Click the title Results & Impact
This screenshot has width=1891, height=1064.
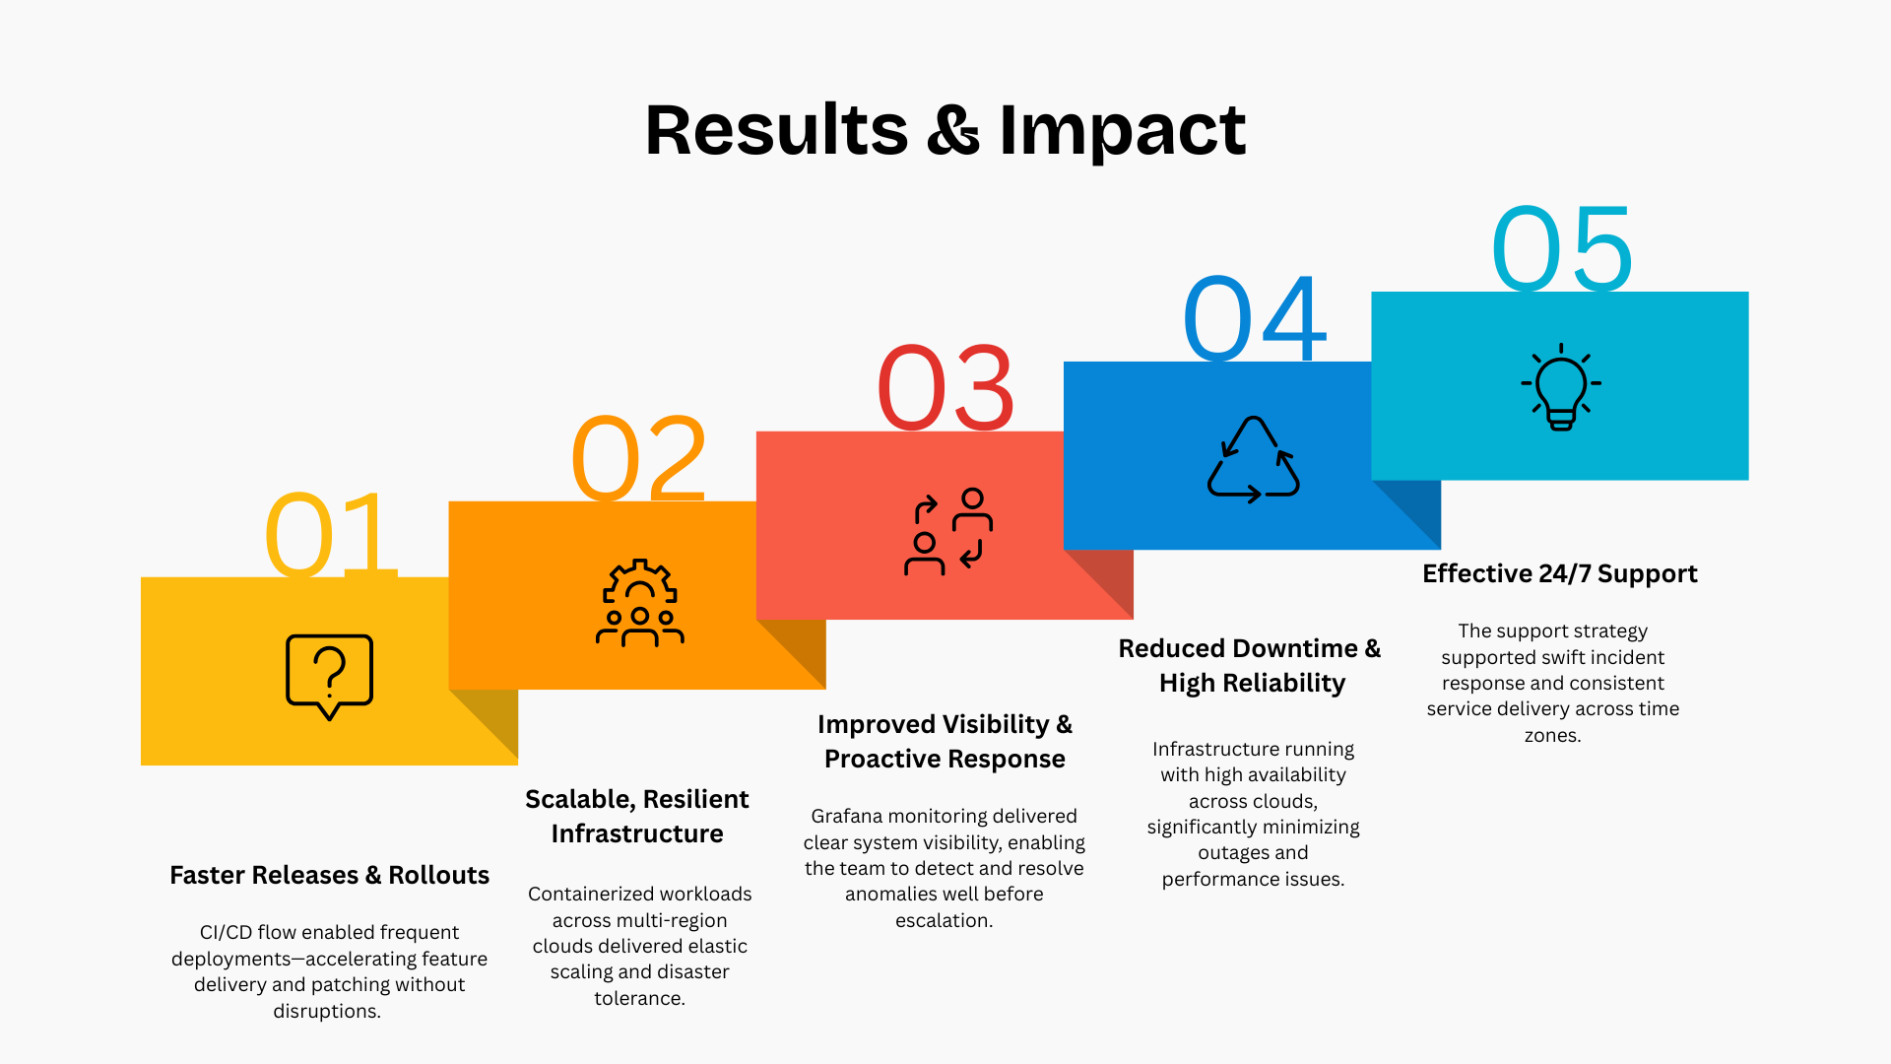945,130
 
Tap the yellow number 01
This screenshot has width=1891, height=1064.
330,534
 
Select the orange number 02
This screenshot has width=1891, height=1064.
639,458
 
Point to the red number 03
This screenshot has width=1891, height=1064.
945,388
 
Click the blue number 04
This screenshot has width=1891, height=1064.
1254,318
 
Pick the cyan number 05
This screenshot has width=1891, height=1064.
1562,248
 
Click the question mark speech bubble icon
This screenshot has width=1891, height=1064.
329,677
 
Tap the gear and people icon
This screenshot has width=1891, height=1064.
640,603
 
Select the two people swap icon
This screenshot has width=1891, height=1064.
947,531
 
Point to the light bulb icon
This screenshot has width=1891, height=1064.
1561,387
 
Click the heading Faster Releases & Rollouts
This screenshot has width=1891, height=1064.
329,875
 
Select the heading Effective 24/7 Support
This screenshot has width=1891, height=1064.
1560,573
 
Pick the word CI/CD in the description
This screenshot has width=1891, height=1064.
226,932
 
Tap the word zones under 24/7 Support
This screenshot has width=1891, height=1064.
1552,735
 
